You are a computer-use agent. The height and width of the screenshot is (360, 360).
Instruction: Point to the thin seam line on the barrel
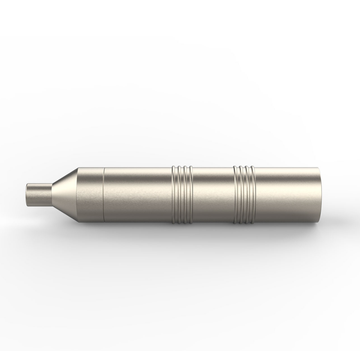coord(103,195)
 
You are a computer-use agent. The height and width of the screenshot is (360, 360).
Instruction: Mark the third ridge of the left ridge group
coord(185,195)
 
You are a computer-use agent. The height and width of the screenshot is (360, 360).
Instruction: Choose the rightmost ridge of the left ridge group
coord(191,195)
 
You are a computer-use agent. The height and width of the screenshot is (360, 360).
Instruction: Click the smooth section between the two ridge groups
coord(213,195)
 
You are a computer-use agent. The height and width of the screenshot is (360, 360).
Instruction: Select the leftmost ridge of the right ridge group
coord(235,195)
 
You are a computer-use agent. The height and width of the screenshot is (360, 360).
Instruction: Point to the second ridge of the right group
coord(241,195)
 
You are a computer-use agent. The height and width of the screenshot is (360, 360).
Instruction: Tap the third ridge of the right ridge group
coord(247,195)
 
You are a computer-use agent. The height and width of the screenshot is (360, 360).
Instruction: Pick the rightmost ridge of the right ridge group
coord(253,195)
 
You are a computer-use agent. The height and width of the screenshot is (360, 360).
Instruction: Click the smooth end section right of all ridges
coord(285,195)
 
